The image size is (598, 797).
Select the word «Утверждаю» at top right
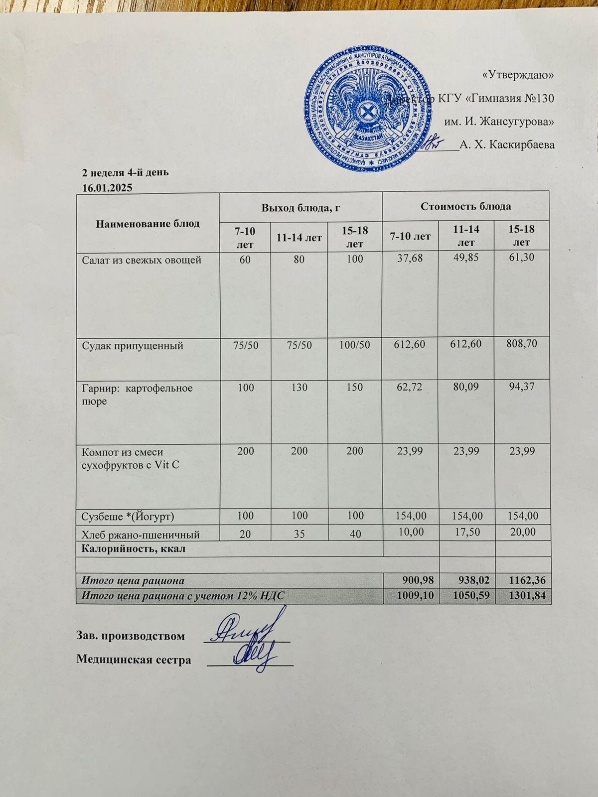(x=519, y=75)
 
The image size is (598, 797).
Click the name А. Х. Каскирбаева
(x=507, y=145)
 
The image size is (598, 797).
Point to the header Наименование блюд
(x=148, y=223)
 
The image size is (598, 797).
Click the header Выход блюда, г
(x=300, y=207)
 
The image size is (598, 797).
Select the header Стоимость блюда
(x=465, y=206)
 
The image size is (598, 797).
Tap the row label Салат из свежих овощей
(x=142, y=260)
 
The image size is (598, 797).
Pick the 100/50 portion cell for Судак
(x=354, y=345)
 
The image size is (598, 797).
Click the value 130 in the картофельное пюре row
(x=299, y=388)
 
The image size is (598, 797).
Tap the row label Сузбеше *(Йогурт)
(x=128, y=516)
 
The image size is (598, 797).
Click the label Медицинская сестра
(x=134, y=660)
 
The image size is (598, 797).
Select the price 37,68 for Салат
(x=410, y=260)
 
